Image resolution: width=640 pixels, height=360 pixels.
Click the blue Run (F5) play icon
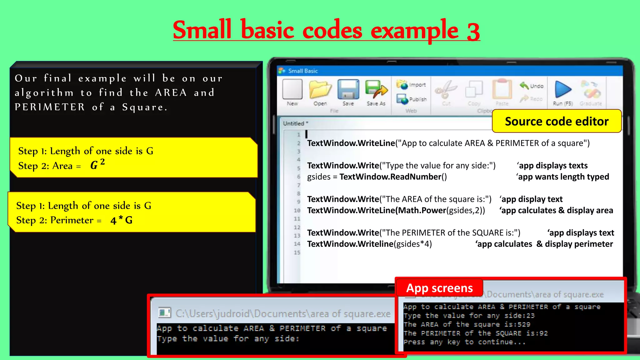(x=563, y=90)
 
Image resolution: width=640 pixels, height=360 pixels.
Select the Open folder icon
(x=320, y=90)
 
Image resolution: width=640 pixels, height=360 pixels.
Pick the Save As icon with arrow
(x=376, y=90)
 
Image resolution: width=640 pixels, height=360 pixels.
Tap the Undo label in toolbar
(x=537, y=86)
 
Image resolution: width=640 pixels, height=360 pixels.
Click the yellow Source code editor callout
(x=557, y=121)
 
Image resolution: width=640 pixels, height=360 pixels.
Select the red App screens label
(x=439, y=288)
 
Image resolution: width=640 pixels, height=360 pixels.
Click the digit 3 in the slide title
(x=473, y=32)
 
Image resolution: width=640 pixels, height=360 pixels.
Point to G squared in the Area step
(x=97, y=164)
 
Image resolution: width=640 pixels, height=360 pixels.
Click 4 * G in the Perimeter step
(x=122, y=220)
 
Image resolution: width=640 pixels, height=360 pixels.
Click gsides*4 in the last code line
(x=414, y=244)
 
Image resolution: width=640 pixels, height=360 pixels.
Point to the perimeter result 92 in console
(x=543, y=333)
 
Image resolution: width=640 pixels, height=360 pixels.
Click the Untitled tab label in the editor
(x=294, y=123)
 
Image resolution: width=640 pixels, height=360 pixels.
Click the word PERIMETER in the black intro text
(x=50, y=107)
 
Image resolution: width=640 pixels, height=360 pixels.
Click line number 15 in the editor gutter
(x=297, y=252)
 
